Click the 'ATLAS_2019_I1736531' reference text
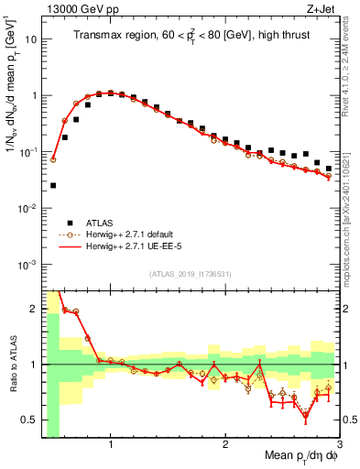pyautogui.click(x=190, y=274)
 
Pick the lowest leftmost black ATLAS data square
pyautogui.click(x=53, y=185)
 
